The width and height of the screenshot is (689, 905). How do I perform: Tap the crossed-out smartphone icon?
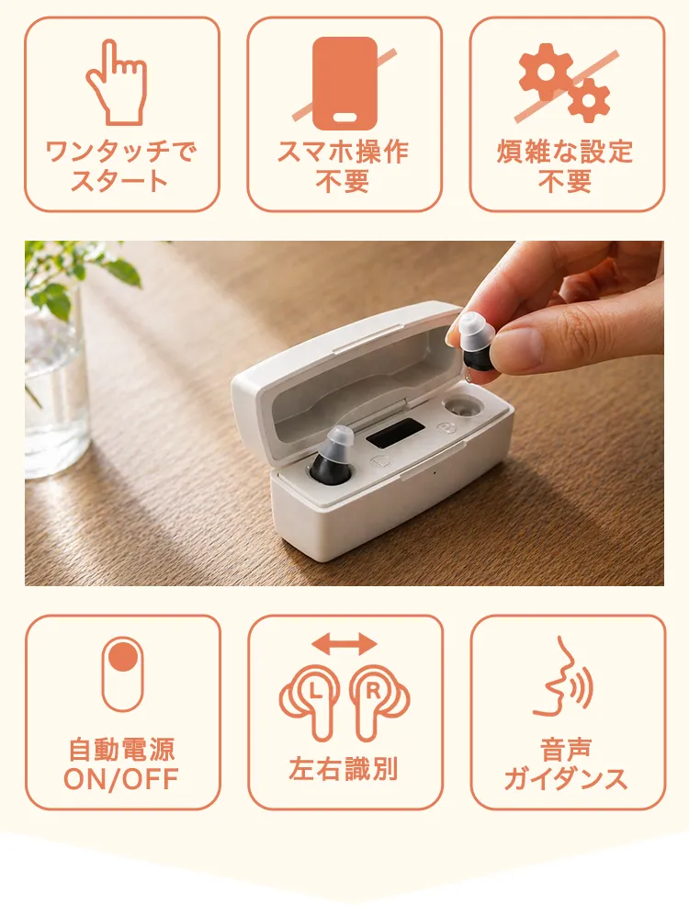(x=344, y=84)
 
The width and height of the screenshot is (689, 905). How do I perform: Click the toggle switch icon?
(x=122, y=674)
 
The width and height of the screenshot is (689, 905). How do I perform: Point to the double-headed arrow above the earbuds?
(x=344, y=643)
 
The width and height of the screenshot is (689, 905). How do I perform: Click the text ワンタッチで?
(x=122, y=152)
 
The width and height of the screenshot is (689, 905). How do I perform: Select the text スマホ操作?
(x=344, y=152)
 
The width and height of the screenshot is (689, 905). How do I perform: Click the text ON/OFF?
(x=122, y=779)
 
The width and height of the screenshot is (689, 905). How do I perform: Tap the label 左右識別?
(x=344, y=769)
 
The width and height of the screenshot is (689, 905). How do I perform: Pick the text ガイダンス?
(x=566, y=779)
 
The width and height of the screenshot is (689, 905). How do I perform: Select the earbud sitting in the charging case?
(x=333, y=454)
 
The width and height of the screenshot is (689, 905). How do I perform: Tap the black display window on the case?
(x=396, y=434)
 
